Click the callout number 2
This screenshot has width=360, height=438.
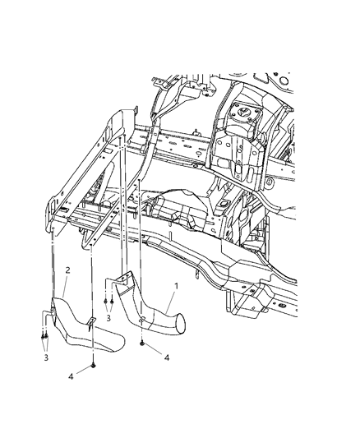click(x=67, y=270)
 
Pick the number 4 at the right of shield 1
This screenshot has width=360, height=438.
click(x=167, y=358)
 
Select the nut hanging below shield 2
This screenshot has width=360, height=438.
click(x=95, y=364)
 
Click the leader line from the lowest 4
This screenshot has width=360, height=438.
click(x=85, y=371)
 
